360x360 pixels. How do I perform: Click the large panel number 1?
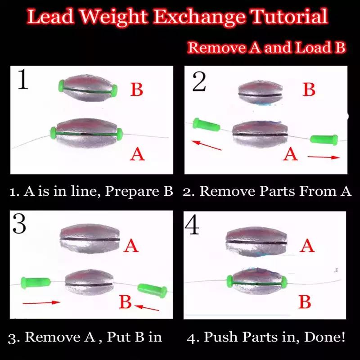point(23,79)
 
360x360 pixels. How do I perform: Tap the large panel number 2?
point(199,81)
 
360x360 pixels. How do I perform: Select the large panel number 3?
point(19,224)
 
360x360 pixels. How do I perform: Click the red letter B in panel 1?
point(137,89)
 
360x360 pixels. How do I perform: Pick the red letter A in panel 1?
point(137,154)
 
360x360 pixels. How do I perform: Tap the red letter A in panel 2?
point(290,154)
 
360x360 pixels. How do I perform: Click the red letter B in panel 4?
point(305,301)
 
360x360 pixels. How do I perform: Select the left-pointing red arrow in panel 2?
point(207,145)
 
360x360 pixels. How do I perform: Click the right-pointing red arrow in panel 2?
point(324,157)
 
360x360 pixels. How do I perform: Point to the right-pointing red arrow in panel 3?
point(41,302)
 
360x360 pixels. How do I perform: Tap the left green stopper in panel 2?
point(206,125)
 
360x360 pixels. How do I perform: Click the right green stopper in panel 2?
point(324,139)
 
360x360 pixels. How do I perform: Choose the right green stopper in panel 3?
point(152,290)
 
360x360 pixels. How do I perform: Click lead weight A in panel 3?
point(90,238)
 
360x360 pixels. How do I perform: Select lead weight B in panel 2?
point(260,93)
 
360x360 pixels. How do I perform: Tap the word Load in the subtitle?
point(307,47)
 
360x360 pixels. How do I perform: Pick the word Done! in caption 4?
point(324,337)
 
